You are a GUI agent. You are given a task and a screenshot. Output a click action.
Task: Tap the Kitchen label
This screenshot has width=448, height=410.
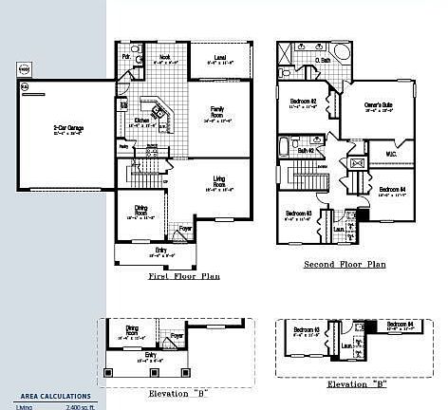140,121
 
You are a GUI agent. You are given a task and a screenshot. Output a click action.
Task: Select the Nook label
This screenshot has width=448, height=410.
164,57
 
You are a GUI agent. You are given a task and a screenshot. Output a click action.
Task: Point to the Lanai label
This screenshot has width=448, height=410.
219,59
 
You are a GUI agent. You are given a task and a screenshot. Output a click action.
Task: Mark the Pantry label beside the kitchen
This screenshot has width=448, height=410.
123,145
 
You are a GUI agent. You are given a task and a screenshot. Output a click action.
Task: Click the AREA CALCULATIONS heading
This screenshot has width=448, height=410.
56,396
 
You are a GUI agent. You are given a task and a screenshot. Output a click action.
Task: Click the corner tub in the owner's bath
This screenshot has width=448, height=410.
341,48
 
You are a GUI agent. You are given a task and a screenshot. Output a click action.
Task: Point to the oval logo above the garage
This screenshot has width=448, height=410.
25,69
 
